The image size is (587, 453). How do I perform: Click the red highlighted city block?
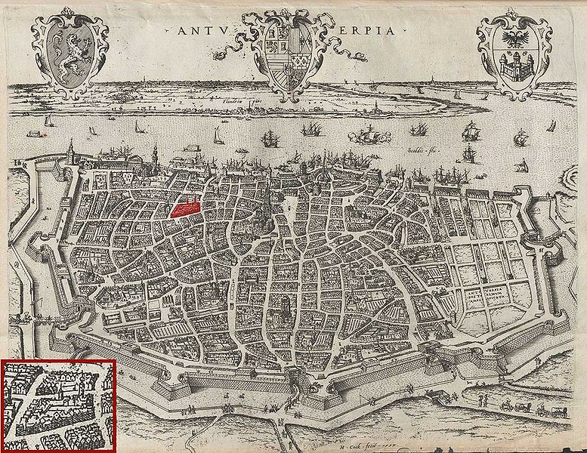(x=185, y=206)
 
